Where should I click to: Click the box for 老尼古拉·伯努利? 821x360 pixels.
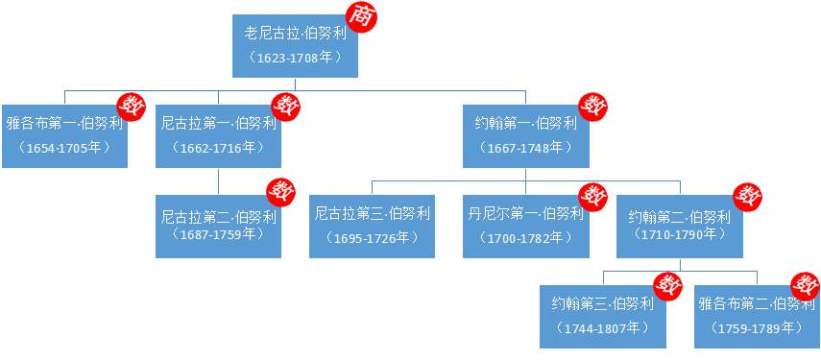[x=295, y=45]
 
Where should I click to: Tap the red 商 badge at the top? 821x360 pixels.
[x=360, y=16]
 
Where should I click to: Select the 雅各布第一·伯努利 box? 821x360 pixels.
[x=64, y=134]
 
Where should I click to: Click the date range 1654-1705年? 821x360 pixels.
[x=64, y=148]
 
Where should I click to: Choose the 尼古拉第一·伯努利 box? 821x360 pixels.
[x=218, y=134]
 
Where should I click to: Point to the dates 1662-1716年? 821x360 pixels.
[x=218, y=148]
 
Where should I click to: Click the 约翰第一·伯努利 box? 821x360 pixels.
[x=525, y=134]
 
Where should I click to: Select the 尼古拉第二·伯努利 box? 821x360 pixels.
[x=218, y=226]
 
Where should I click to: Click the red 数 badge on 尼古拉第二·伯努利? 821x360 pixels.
[x=285, y=191]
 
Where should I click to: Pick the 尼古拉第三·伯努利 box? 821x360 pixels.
[x=372, y=226]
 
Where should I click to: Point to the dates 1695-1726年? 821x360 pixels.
[x=372, y=237]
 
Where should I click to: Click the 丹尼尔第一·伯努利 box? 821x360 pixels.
[x=525, y=226]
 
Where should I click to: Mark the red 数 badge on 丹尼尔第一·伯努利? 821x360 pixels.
[x=593, y=196]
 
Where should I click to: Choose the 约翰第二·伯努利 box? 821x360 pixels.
[x=679, y=226]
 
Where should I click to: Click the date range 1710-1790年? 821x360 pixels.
[x=679, y=234]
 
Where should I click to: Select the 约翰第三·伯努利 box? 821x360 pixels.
[x=602, y=315]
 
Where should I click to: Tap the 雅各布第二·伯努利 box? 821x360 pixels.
[x=756, y=315]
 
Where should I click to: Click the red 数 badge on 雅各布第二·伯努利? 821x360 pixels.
[x=804, y=285]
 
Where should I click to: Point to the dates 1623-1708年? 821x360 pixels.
[x=295, y=58]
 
